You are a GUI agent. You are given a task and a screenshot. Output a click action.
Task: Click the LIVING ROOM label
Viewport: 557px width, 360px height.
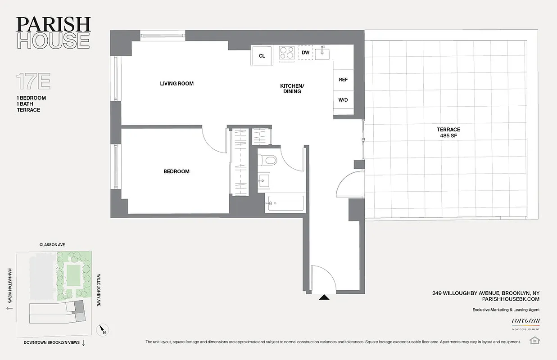[x=177, y=84]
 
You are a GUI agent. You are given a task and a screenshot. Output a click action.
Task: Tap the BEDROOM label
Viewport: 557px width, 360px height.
[x=176, y=171]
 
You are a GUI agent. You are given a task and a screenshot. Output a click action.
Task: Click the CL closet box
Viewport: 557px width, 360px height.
[x=262, y=56]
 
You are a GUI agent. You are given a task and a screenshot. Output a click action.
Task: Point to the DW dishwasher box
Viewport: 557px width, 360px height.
[x=305, y=53]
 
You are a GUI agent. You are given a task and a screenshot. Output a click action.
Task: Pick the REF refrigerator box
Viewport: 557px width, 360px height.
[x=343, y=80]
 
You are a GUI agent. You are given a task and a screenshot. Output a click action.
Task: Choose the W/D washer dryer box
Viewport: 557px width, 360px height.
[x=343, y=99]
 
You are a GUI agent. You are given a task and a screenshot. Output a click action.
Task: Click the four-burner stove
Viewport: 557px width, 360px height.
[x=287, y=53]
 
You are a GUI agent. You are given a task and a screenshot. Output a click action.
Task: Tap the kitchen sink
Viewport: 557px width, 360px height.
[x=322, y=54]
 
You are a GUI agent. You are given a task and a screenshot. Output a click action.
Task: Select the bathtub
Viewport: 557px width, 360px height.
[x=285, y=203]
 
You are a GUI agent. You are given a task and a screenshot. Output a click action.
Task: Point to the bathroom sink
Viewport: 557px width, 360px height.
[x=263, y=181]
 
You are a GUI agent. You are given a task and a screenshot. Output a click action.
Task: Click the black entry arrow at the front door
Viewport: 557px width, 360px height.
[x=324, y=297]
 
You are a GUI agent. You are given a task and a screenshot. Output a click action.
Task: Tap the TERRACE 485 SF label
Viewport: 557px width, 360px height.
[x=448, y=132]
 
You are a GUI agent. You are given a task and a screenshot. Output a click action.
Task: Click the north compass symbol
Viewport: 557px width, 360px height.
[x=103, y=331]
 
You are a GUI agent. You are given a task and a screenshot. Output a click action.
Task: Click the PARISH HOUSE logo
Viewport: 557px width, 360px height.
[x=53, y=32]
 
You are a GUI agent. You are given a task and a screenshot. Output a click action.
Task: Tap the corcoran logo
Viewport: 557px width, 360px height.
[x=526, y=321]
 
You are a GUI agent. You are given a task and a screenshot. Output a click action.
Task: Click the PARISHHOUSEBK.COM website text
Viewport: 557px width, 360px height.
[x=510, y=299]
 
